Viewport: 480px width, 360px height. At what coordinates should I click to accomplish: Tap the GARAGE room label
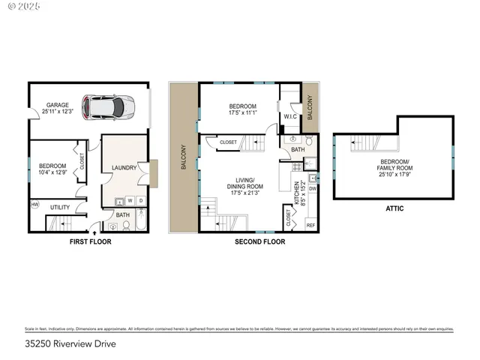57,105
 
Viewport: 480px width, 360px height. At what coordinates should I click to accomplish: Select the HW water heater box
34,204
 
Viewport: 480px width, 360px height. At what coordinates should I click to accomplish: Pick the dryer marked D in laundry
141,200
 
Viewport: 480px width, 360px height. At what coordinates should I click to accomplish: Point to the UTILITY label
60,207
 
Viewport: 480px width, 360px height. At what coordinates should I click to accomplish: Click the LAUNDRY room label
123,167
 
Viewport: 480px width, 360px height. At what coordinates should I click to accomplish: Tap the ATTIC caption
394,208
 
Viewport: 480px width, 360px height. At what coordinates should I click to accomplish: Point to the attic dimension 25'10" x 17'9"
394,174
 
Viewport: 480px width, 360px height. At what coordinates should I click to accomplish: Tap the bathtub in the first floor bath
145,221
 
